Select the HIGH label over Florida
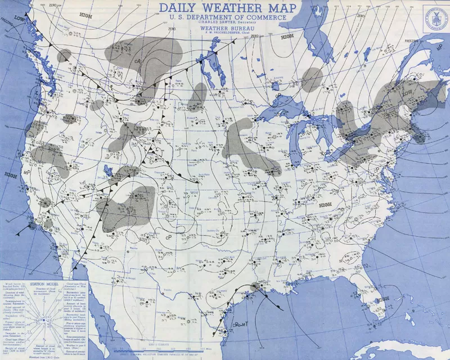coord(325,205)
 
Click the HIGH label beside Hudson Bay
coord(287,37)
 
